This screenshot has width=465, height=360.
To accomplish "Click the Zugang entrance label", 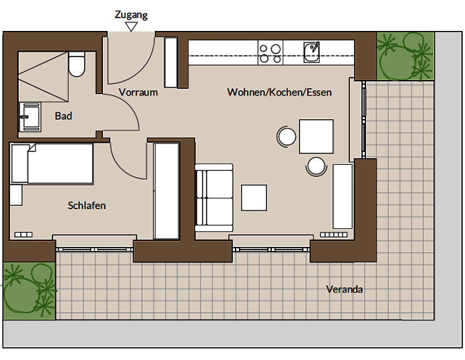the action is (x=131, y=15).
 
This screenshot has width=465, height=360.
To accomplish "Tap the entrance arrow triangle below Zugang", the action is (x=131, y=27).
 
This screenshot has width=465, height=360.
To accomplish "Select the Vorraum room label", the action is (x=138, y=92).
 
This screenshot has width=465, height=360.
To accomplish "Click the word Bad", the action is (x=63, y=116).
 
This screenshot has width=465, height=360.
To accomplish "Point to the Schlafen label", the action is (x=87, y=205).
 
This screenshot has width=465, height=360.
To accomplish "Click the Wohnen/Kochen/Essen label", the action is (x=279, y=92).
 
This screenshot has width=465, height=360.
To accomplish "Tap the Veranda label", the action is (x=345, y=289).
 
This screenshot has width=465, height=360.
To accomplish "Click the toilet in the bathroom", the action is (x=77, y=64).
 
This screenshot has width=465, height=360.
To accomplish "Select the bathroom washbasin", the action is (x=30, y=117).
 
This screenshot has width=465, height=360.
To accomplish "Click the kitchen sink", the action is (x=312, y=52).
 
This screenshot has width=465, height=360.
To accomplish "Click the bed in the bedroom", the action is (x=52, y=164).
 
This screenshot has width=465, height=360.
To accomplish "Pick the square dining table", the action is (x=316, y=137).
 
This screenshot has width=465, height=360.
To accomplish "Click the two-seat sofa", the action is (x=214, y=198).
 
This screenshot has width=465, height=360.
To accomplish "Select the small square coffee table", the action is (x=254, y=198).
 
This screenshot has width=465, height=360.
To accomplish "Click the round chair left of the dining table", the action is (x=287, y=137).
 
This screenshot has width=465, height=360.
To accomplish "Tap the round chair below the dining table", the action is (x=316, y=166).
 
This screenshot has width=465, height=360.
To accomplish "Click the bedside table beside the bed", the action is (x=16, y=195).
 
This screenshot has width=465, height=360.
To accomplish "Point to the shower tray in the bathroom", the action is (x=43, y=77).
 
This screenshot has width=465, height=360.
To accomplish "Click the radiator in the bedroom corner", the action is (x=24, y=235).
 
